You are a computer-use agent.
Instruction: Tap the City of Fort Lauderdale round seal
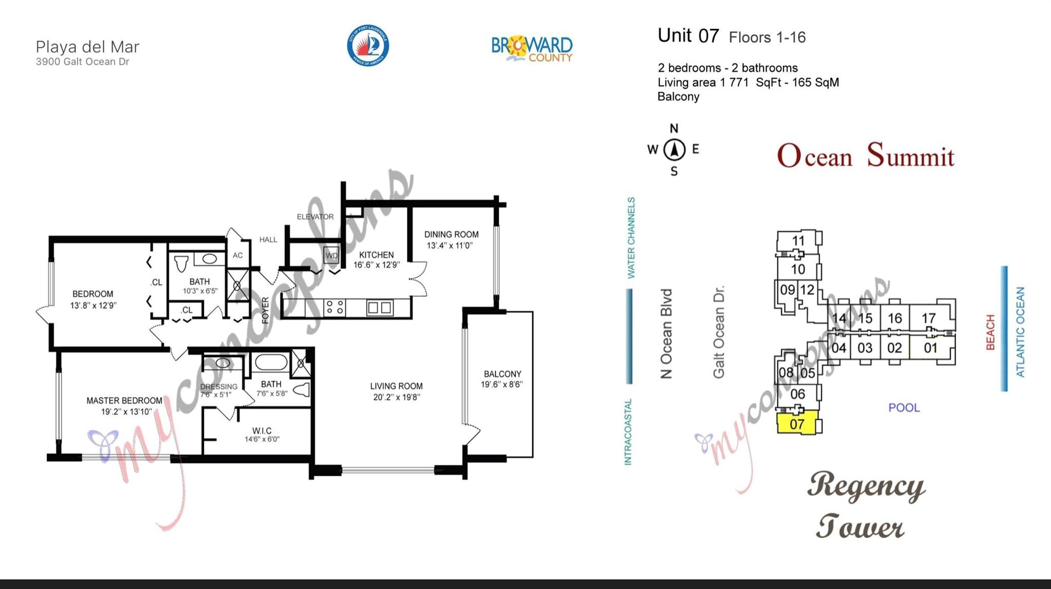coord(367,46)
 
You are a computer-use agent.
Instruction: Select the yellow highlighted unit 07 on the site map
coord(797,423)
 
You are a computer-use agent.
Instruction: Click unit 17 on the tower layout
coord(928,318)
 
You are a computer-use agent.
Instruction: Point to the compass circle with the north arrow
coord(674,150)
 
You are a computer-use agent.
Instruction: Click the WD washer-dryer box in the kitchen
coord(332,255)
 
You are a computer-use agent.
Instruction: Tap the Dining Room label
coord(451,235)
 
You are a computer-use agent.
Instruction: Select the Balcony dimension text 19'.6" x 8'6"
coord(502,384)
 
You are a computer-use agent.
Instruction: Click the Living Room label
coord(396,386)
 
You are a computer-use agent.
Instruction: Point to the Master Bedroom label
coord(124,401)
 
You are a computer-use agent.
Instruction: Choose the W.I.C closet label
coord(262,430)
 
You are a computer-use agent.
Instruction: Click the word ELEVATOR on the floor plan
coord(315,217)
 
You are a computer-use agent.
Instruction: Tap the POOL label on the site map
coord(904,408)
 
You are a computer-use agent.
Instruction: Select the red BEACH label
coord(990,332)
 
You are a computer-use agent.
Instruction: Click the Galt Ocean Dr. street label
coord(718,332)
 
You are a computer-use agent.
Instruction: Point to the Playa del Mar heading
coord(87,47)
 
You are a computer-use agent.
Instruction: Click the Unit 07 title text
coord(688,35)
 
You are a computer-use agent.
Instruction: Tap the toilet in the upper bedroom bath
coord(181,263)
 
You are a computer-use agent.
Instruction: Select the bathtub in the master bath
coord(271,362)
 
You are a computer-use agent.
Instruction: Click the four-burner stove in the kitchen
coord(335,308)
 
